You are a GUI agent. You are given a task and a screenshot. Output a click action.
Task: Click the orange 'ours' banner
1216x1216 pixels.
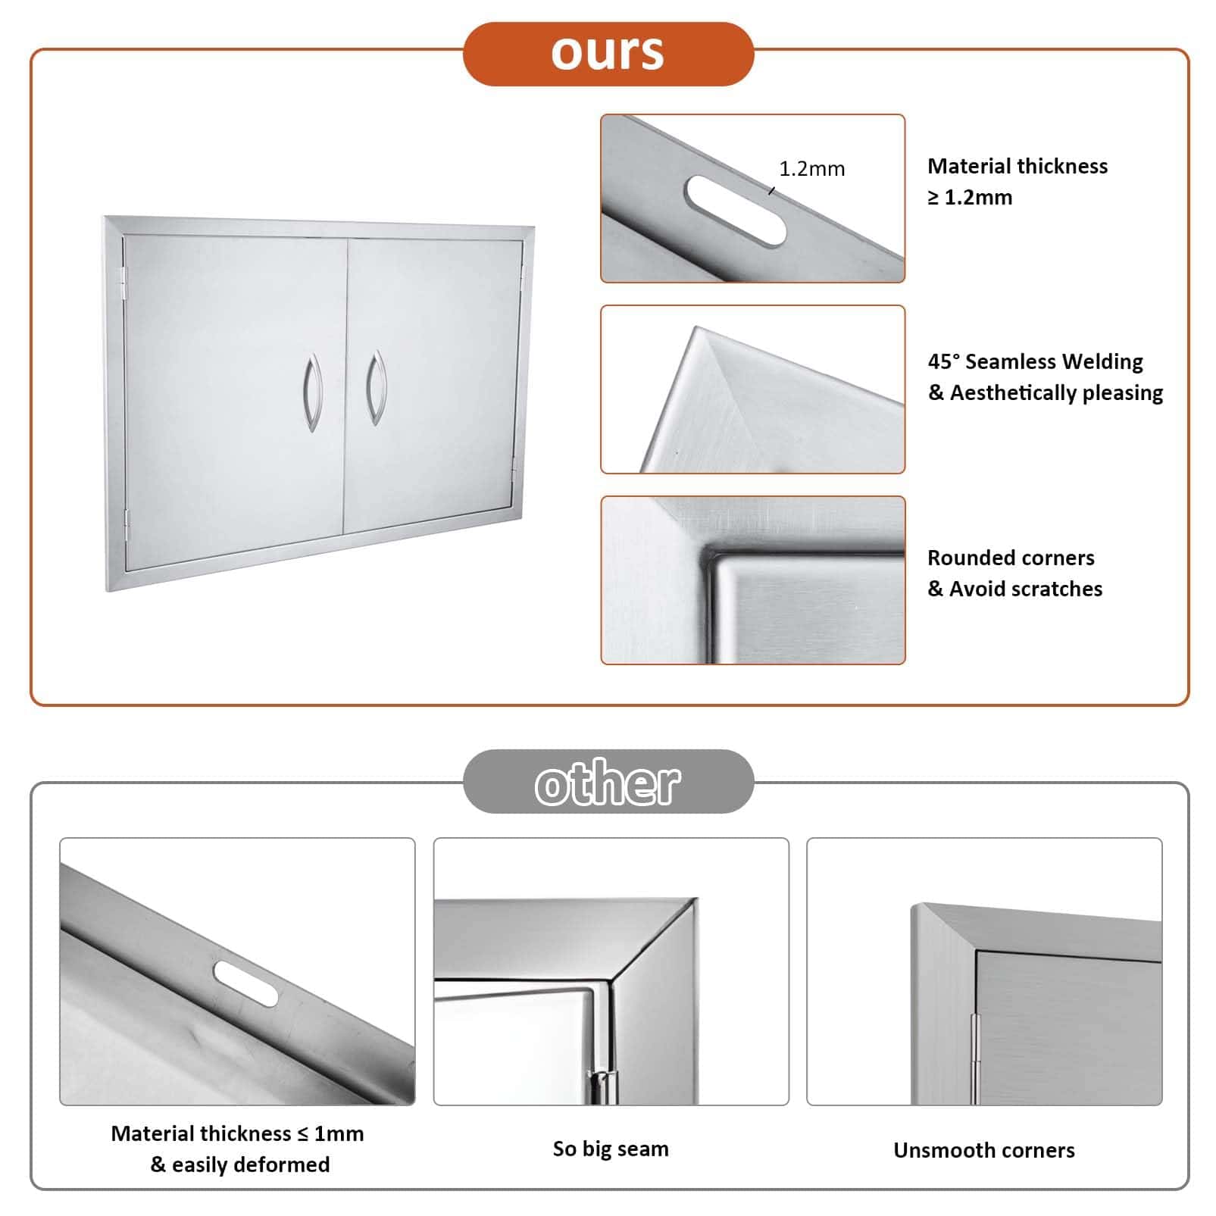[608, 54]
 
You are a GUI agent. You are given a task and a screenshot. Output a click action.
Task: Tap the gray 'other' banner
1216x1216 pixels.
[608, 781]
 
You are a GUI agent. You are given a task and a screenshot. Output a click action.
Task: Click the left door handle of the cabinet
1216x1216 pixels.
[311, 392]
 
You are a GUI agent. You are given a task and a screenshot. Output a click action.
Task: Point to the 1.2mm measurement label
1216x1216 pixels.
[811, 168]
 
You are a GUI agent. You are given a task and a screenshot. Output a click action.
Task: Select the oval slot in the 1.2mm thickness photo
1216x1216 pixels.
[734, 211]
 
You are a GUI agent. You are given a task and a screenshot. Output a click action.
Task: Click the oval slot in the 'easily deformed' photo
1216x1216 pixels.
[246, 983]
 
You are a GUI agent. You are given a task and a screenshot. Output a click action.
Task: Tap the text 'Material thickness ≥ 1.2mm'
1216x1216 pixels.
[1017, 181]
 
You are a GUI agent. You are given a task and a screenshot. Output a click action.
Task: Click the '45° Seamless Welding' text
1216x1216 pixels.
[1035, 361]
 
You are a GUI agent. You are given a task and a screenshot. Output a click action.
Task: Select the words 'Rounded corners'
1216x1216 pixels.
[1011, 558]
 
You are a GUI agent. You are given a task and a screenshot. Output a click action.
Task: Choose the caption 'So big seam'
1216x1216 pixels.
[611, 1149]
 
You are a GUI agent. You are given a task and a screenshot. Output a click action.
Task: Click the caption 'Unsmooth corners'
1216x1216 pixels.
[983, 1150]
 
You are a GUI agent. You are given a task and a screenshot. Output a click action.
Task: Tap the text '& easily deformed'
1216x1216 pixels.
[239, 1164]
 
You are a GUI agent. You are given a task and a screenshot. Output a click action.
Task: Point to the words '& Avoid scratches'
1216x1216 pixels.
[1014, 589]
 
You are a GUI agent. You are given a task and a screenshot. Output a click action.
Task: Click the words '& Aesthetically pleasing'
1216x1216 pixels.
[1045, 392]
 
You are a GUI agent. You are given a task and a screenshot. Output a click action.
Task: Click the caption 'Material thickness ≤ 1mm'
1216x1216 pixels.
[237, 1133]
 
